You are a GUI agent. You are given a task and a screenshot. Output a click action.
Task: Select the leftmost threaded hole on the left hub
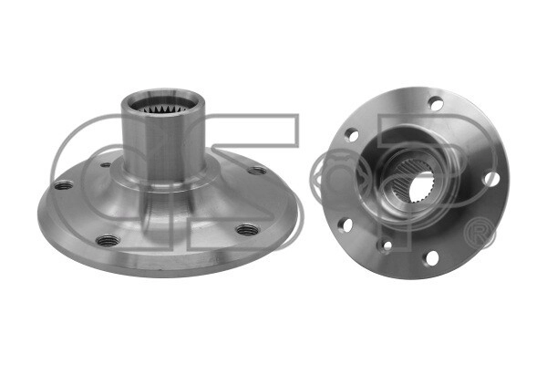pyautogui.click(x=63, y=185)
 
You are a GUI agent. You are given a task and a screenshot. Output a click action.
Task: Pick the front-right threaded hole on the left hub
pyautogui.click(x=243, y=229)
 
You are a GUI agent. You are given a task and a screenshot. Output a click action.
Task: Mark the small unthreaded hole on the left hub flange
pyautogui.click(x=106, y=165)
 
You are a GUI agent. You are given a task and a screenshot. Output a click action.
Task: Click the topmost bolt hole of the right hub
pyautogui.click(x=436, y=104)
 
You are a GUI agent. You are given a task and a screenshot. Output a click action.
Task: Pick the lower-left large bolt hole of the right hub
pyautogui.click(x=346, y=224)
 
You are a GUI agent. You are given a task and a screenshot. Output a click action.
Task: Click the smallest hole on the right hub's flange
pyautogui.click(x=386, y=245)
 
